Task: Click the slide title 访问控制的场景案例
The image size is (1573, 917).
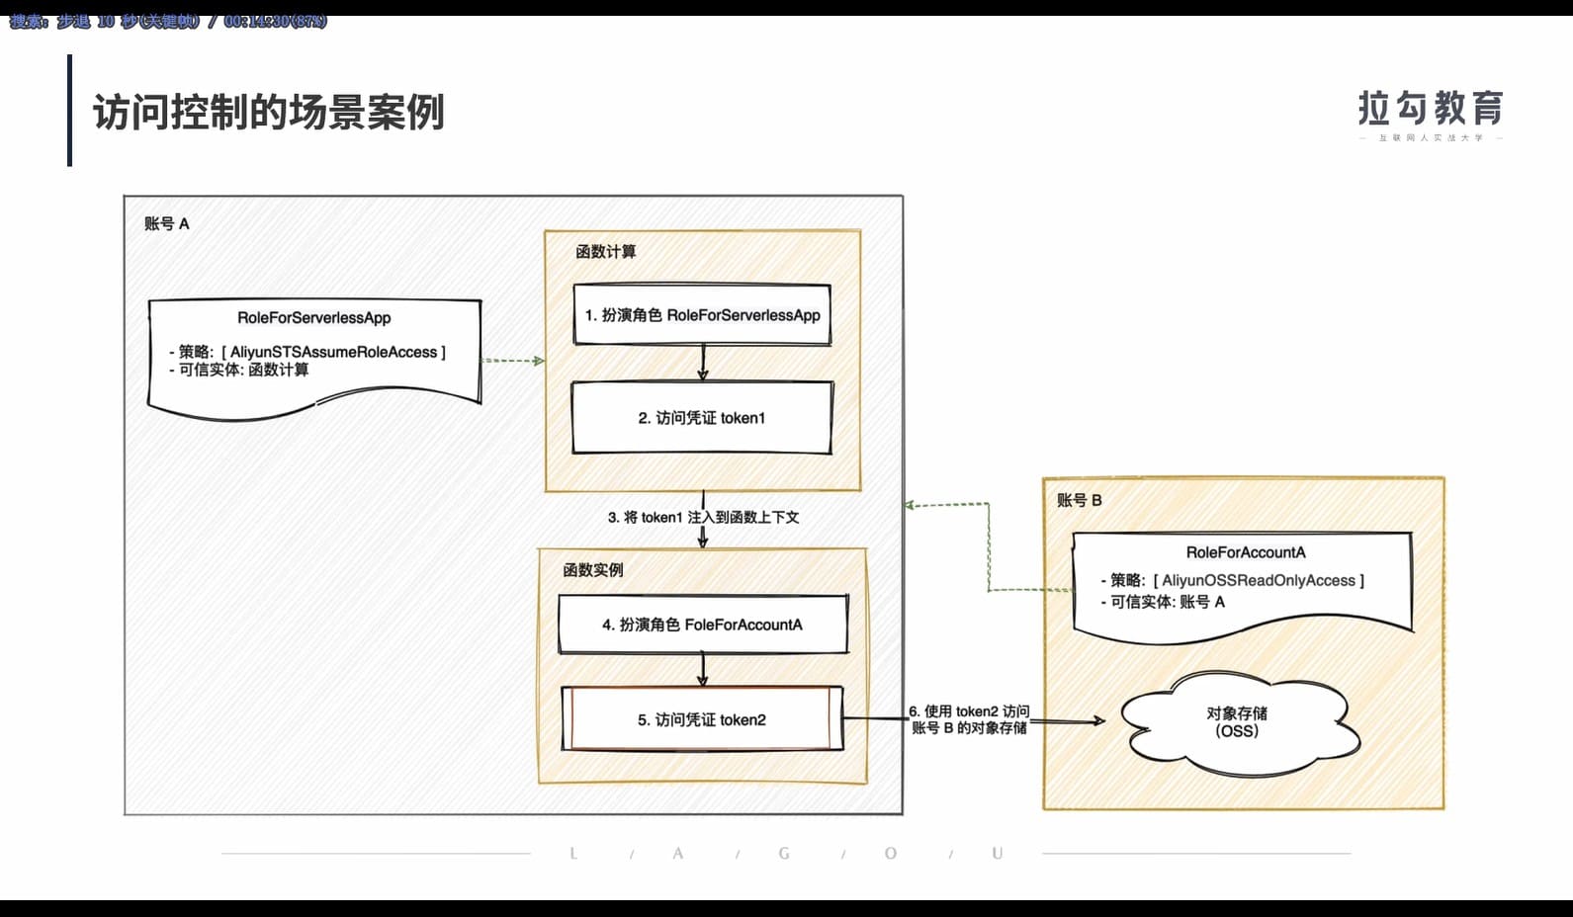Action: (269, 112)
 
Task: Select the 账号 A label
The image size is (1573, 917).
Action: (166, 223)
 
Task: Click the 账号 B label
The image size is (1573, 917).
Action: (1079, 500)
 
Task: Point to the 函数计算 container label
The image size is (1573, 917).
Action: (605, 252)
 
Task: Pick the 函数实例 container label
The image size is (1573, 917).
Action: (592, 570)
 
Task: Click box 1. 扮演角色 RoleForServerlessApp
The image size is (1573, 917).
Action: (702, 315)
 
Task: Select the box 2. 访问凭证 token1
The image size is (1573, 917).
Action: (702, 418)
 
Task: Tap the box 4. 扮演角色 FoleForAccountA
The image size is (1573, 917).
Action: (702, 625)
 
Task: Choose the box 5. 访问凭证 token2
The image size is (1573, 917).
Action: (702, 719)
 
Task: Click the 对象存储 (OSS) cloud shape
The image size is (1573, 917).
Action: (1237, 722)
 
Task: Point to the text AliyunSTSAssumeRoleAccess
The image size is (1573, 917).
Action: (333, 352)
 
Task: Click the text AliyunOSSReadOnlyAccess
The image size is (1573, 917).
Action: (1258, 580)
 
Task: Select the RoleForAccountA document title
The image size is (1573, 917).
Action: (1246, 552)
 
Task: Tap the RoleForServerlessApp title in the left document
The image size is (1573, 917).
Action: (313, 318)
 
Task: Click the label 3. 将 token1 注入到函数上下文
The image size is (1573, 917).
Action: (703, 517)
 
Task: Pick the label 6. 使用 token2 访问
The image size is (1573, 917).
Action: (969, 711)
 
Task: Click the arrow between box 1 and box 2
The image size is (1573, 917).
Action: (703, 363)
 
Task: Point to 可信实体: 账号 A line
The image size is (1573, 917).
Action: (1167, 602)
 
